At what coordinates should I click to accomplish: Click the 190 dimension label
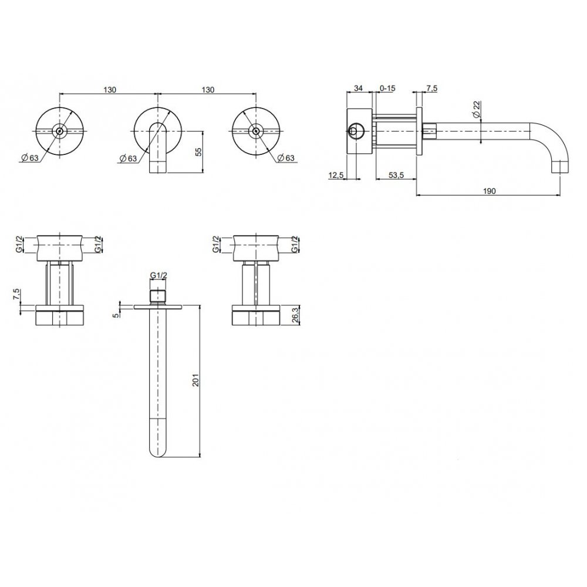tap(490, 191)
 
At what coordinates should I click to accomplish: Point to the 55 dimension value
tap(198, 151)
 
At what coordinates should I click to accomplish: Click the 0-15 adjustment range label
tap(388, 88)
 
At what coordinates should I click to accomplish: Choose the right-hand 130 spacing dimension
tap(207, 89)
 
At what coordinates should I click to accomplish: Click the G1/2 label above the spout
tap(159, 275)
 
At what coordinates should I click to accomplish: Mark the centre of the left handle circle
tap(58, 131)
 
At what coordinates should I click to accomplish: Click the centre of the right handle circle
tap(254, 131)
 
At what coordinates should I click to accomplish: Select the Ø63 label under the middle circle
tap(127, 158)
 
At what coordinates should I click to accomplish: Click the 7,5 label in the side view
tap(431, 88)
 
